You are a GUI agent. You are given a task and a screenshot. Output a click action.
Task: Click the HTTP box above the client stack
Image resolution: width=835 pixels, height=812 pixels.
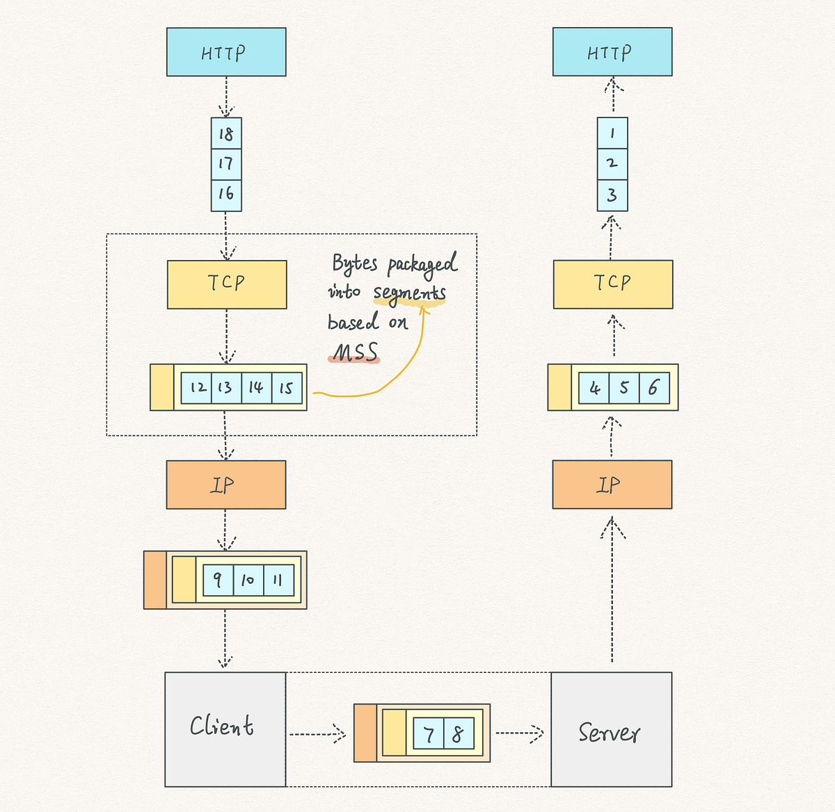click(x=226, y=52)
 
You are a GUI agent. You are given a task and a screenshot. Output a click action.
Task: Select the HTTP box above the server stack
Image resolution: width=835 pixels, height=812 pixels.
click(x=612, y=52)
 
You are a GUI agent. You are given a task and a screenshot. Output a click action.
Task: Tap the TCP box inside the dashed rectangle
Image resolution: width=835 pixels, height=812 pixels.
click(x=227, y=284)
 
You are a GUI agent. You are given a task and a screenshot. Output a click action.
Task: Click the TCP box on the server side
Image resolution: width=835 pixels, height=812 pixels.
click(x=613, y=284)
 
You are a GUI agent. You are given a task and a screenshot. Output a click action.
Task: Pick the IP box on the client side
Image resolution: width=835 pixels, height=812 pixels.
click(x=226, y=485)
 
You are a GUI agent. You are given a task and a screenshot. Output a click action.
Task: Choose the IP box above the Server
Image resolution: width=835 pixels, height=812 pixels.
click(x=612, y=485)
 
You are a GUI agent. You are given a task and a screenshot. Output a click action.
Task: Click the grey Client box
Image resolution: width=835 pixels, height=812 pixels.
click(x=225, y=729)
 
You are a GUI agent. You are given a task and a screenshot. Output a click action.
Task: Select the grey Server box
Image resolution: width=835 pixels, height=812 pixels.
click(x=612, y=729)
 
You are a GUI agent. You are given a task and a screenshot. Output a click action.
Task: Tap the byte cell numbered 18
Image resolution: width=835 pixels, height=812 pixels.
click(x=226, y=133)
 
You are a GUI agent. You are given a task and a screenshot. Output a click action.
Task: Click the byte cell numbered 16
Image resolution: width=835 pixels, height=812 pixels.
click(x=226, y=194)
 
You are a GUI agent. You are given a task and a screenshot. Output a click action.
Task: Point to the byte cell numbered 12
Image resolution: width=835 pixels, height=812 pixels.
click(x=197, y=387)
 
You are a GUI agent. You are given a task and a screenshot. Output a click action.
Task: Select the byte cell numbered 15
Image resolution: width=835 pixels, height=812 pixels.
click(x=287, y=387)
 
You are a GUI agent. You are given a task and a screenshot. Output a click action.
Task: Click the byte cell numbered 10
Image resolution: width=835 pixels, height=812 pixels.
click(x=248, y=580)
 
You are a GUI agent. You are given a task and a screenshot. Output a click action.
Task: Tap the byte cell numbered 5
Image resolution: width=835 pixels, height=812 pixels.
click(x=624, y=387)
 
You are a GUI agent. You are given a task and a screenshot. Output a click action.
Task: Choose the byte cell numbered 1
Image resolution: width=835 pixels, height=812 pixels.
click(x=612, y=133)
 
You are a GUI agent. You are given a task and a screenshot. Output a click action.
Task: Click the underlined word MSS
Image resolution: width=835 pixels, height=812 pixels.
click(x=355, y=353)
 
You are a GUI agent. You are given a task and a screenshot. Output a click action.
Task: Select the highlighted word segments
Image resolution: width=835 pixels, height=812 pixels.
click(x=409, y=293)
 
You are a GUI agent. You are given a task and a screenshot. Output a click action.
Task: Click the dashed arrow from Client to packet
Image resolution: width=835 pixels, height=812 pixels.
click(x=317, y=733)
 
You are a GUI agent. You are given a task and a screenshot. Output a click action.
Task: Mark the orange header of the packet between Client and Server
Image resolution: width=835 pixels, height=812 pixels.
click(x=365, y=733)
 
